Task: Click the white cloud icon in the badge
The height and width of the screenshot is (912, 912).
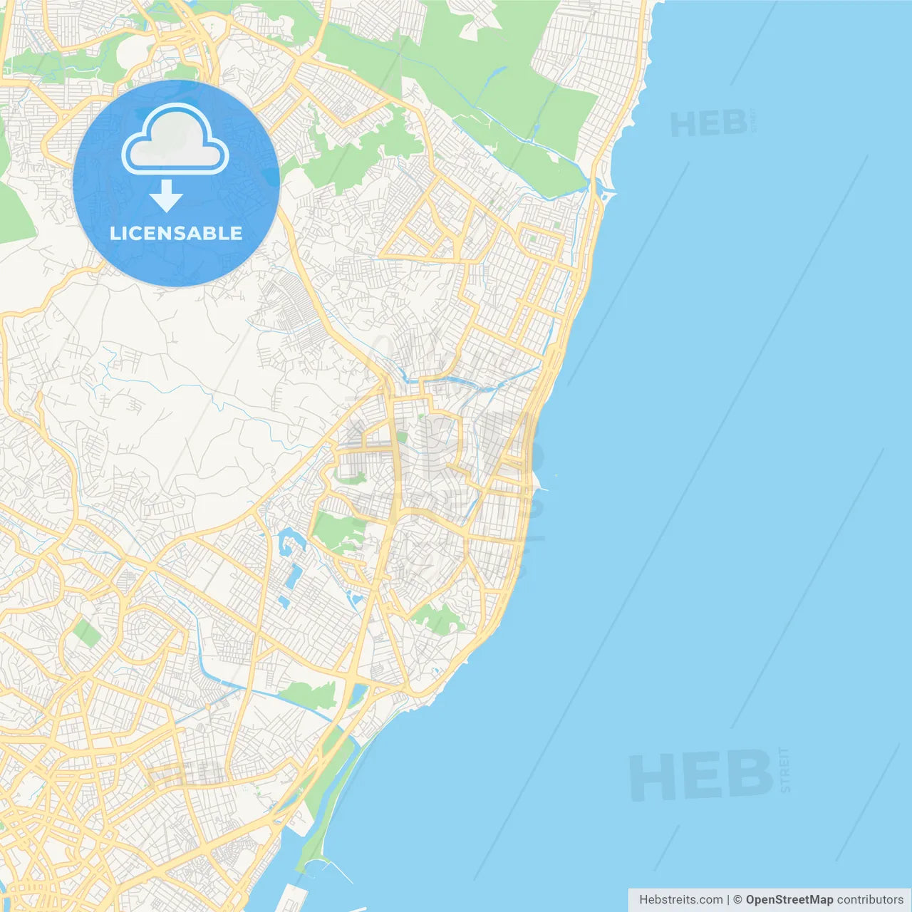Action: click(175, 140)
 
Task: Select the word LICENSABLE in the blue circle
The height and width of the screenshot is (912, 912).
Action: click(176, 233)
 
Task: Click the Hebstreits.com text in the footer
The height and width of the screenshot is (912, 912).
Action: click(680, 900)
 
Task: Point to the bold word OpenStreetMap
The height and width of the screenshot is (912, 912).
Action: click(789, 900)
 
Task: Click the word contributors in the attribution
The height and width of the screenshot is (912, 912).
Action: click(870, 900)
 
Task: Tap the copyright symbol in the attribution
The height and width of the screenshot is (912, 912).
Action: click(737, 900)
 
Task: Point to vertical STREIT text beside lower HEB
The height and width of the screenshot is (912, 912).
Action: click(784, 770)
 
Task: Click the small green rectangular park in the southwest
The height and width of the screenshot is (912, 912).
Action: click(87, 633)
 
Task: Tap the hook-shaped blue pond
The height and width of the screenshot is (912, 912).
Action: click(290, 541)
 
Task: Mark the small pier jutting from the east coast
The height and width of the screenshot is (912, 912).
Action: click(543, 489)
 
